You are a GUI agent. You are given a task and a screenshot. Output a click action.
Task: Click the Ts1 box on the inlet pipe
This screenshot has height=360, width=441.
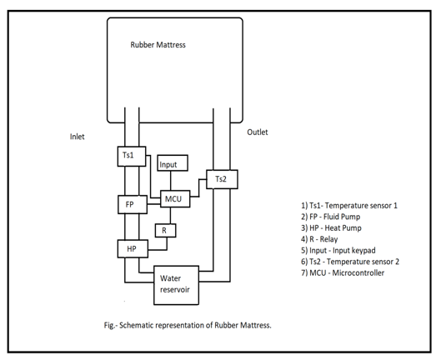pyautogui.click(x=132, y=157)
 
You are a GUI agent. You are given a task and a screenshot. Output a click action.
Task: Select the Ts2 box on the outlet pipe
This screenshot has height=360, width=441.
pyautogui.click(x=222, y=179)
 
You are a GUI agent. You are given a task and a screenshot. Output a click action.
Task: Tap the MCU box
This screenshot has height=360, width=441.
pyautogui.click(x=175, y=199)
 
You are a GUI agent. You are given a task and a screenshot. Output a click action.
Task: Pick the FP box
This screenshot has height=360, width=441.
pyautogui.click(x=133, y=204)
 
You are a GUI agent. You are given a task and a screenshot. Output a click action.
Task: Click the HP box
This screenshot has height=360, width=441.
pyautogui.click(x=133, y=248)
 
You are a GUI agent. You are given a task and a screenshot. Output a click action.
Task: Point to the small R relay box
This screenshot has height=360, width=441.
pyautogui.click(x=166, y=231)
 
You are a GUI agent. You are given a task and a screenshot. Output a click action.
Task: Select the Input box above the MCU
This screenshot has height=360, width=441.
pyautogui.click(x=173, y=162)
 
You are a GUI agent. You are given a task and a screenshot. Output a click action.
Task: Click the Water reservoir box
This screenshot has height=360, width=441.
pyautogui.click(x=177, y=285)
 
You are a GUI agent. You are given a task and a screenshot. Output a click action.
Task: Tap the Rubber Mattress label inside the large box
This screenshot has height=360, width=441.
pyautogui.click(x=158, y=45)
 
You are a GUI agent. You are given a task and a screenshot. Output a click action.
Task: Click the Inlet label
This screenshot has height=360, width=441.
pyautogui.click(x=77, y=137)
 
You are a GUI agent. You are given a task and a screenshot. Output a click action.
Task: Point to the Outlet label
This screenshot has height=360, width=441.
pyautogui.click(x=258, y=132)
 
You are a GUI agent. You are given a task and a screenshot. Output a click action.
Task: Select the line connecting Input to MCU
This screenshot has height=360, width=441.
pyautogui.click(x=171, y=181)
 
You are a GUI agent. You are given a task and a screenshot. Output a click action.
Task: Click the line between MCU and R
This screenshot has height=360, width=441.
pyautogui.click(x=170, y=216)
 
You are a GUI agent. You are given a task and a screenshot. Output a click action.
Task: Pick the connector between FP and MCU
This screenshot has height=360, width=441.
pyautogui.click(x=154, y=204)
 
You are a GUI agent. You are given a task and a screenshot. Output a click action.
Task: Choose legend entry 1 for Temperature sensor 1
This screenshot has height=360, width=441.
pyautogui.click(x=349, y=206)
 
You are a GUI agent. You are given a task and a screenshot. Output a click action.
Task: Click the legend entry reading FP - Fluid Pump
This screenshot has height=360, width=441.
pyautogui.click(x=330, y=217)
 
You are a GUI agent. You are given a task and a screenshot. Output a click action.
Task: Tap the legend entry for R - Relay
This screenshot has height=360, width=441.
pyautogui.click(x=319, y=239)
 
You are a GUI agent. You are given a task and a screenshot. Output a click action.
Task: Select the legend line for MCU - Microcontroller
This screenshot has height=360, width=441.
pyautogui.click(x=343, y=272)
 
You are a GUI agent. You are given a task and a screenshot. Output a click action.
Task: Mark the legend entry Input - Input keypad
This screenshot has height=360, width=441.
pyautogui.click(x=338, y=250)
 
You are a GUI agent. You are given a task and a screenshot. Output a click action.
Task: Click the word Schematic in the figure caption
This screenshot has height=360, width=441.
pyautogui.click(x=137, y=325)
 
